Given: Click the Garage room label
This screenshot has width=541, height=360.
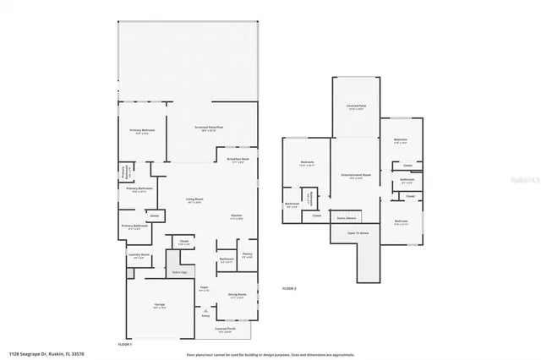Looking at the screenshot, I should pyautogui.click(x=159, y=305).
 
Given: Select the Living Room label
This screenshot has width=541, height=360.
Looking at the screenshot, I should pyautogui.click(x=194, y=200).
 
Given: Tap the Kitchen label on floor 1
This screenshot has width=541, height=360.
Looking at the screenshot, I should pyautogui.click(x=237, y=216).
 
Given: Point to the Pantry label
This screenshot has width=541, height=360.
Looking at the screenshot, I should pyautogui.click(x=247, y=254).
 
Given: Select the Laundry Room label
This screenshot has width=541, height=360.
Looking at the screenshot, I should pyautogui.click(x=139, y=255).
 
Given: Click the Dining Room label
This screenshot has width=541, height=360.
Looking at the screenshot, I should pyautogui.click(x=237, y=296).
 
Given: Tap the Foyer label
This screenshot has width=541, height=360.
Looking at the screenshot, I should pyautogui.click(x=204, y=288).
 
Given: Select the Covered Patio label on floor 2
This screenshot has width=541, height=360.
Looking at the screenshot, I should pyautogui.click(x=355, y=106).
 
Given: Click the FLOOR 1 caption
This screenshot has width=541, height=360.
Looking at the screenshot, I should pyautogui.click(x=125, y=345).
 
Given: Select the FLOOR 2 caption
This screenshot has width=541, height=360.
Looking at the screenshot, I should pyautogui.click(x=289, y=288).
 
